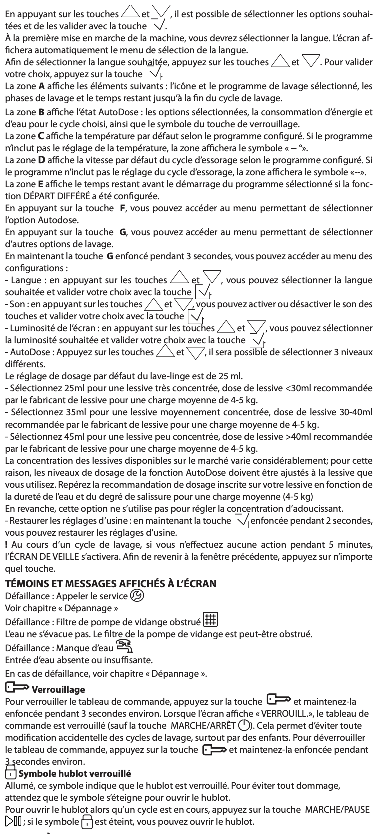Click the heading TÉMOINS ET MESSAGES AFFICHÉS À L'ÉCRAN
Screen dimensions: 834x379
pos(110,583)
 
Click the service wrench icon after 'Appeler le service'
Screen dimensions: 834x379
pos(137,595)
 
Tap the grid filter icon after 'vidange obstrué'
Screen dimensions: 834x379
pos(210,620)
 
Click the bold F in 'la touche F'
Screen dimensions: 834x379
pos(123,207)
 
